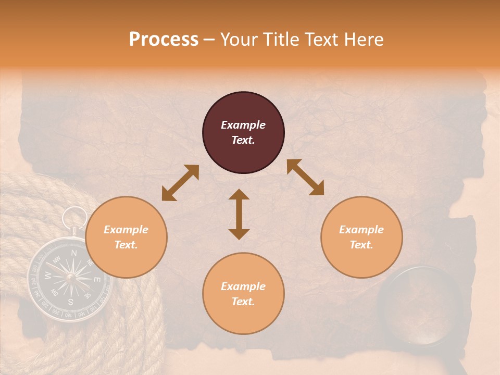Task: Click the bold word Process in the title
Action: pyautogui.click(x=164, y=40)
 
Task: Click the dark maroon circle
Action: pyautogui.click(x=243, y=132)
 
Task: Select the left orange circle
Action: pyautogui.click(x=126, y=237)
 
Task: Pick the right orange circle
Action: pyautogui.click(x=361, y=237)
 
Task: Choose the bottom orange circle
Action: pyautogui.click(x=243, y=293)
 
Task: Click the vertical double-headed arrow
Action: pyautogui.click(x=239, y=214)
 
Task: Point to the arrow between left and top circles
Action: pyautogui.click(x=180, y=183)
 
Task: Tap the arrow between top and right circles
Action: pyautogui.click(x=305, y=177)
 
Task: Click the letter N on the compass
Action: pyautogui.click(x=73, y=253)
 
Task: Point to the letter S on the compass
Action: pyautogui.click(x=71, y=301)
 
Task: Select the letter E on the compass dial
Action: pyautogui.click(x=96, y=280)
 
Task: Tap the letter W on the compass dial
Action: pyautogui.click(x=48, y=274)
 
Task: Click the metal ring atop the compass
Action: pyautogui.click(x=76, y=217)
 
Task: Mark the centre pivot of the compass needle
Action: pyautogui.click(x=70, y=277)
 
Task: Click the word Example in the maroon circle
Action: pyautogui.click(x=243, y=125)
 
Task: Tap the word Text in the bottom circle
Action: pyautogui.click(x=242, y=302)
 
